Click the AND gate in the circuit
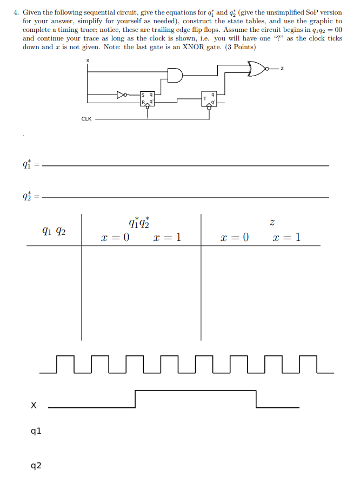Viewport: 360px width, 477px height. click(x=175, y=76)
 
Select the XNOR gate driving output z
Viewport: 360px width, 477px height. click(x=256, y=69)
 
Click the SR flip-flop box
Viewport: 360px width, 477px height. click(x=148, y=97)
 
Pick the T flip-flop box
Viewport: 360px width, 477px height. click(x=208, y=98)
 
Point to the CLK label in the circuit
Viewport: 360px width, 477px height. click(x=86, y=118)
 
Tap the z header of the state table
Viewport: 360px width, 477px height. click(x=262, y=222)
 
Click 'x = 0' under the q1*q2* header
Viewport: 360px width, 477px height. click(x=115, y=238)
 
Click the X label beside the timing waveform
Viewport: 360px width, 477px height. click(x=34, y=405)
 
